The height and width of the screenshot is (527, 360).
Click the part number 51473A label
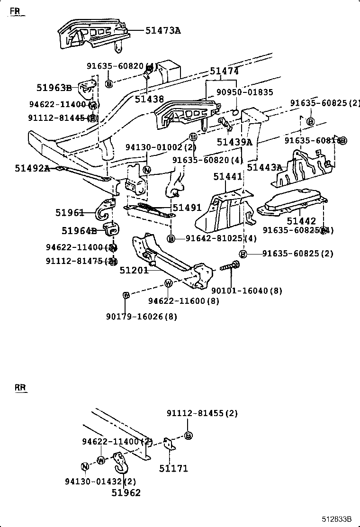tap(163, 30)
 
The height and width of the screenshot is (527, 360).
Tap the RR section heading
tap(20, 388)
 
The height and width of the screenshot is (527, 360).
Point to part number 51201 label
tap(134, 270)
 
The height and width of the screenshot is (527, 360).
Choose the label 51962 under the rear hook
tap(126, 492)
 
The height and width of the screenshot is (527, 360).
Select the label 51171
tap(173, 468)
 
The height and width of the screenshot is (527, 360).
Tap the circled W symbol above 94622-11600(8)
tap(168, 283)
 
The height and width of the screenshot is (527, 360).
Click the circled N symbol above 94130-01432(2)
tap(85, 466)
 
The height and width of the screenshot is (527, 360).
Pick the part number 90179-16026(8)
tap(142, 317)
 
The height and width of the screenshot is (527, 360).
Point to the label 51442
tap(301, 221)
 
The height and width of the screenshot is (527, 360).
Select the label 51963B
tap(54, 87)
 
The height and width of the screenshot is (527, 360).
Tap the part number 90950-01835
tap(245, 92)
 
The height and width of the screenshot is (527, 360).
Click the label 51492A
tap(32, 168)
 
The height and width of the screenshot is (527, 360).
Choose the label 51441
tap(228, 176)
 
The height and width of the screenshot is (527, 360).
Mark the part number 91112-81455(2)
tap(202, 413)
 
